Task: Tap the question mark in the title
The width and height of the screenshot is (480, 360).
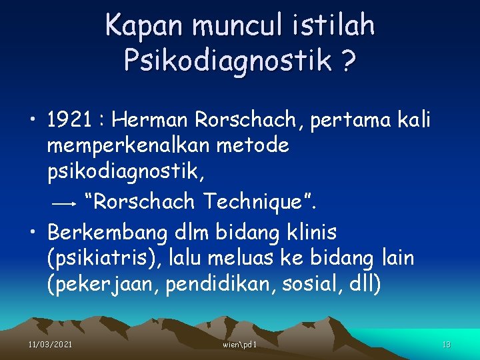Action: click(347, 61)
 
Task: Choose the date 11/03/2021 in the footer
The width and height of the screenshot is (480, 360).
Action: click(51, 344)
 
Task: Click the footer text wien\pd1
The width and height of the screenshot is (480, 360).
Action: click(241, 344)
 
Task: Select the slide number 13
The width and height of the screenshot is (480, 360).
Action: click(447, 344)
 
